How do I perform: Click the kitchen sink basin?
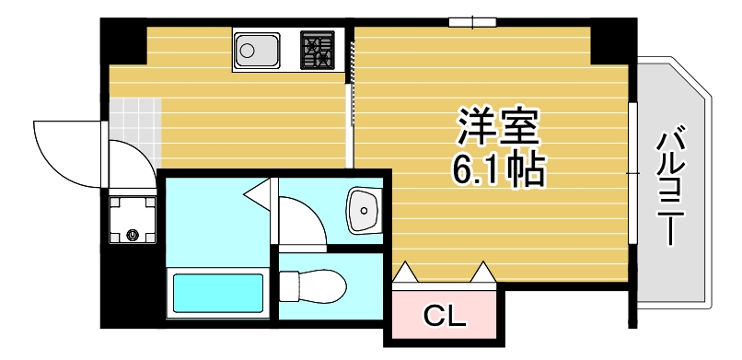tap(256, 51)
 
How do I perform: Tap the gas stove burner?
tap(318, 51)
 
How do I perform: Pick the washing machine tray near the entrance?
tap(132, 221)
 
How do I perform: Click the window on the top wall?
tap(472, 21)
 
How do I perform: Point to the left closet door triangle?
tap(406, 273)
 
